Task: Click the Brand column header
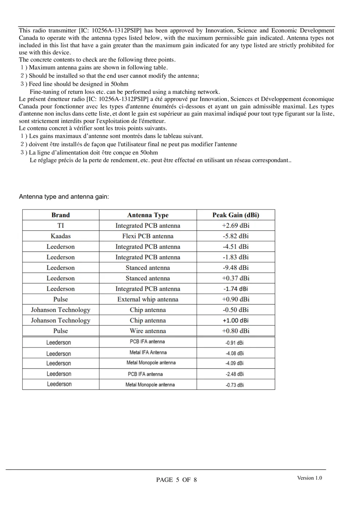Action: (x=60, y=215)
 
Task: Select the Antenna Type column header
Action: (x=148, y=215)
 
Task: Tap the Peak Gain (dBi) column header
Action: (x=236, y=215)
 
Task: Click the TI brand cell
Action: (x=60, y=225)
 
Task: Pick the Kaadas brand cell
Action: (x=60, y=236)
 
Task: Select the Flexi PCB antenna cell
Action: (x=148, y=236)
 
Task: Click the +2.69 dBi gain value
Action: (x=236, y=225)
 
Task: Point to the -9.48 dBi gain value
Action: (x=236, y=268)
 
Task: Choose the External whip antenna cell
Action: (x=148, y=299)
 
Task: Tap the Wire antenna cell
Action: (x=148, y=331)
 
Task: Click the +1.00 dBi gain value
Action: (x=236, y=320)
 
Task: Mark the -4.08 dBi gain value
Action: (x=235, y=353)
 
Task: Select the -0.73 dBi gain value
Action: (x=235, y=385)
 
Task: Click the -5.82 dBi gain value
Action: (x=236, y=236)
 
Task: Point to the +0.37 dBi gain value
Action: (x=236, y=278)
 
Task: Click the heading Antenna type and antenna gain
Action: (x=64, y=197)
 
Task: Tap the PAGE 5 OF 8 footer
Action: (x=176, y=480)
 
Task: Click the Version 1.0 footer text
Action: (x=309, y=478)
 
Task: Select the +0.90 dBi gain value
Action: (x=236, y=299)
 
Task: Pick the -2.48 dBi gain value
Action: (x=235, y=374)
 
